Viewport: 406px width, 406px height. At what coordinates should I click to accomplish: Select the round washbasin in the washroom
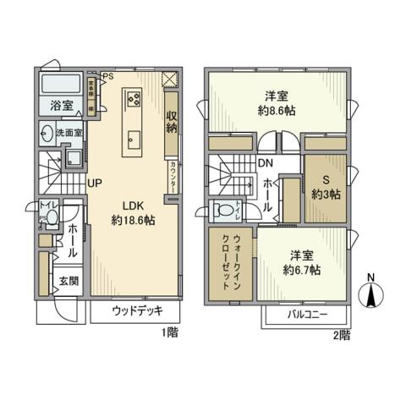[x=45, y=134]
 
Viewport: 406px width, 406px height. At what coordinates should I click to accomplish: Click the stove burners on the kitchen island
[x=134, y=97]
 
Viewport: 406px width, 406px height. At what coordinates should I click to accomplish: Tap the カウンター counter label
[x=173, y=176]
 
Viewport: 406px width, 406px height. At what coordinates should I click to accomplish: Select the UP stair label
[x=94, y=182]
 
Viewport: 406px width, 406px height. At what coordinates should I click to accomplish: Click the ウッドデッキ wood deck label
[x=139, y=312]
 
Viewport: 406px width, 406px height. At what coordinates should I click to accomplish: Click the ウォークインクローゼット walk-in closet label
[x=230, y=262]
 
